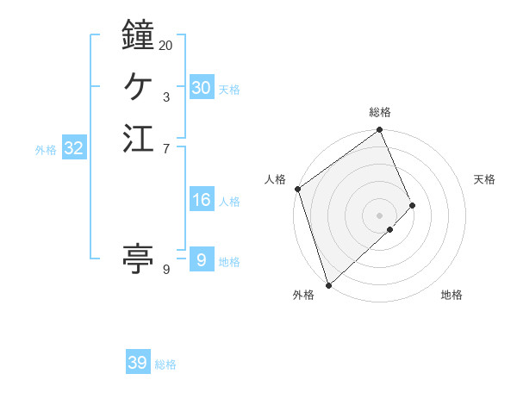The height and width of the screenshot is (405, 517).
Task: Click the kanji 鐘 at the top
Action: click(138, 35)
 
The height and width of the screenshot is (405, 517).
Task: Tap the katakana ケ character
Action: click(138, 87)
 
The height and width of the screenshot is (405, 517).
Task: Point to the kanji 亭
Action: click(138, 258)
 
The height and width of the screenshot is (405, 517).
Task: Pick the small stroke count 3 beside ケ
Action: click(166, 97)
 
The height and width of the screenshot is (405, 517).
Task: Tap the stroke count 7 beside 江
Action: click(166, 149)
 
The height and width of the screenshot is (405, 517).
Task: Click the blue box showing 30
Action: click(201, 88)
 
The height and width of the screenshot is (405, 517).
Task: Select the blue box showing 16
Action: click(201, 200)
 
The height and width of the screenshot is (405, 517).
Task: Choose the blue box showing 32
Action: click(74, 148)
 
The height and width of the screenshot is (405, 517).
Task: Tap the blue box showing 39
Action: click(138, 363)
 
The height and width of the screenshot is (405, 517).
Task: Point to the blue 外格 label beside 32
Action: click(46, 149)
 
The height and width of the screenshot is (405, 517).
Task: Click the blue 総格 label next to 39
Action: click(165, 364)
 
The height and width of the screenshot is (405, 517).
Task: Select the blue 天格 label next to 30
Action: click(229, 89)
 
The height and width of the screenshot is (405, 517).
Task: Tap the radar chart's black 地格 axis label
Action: click(452, 296)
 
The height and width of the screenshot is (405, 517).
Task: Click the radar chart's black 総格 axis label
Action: click(379, 112)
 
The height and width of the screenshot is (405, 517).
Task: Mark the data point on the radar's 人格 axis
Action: click(297, 190)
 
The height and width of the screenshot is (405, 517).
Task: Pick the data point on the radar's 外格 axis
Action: click(328, 283)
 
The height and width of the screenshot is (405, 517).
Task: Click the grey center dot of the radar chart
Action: click(379, 215)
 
